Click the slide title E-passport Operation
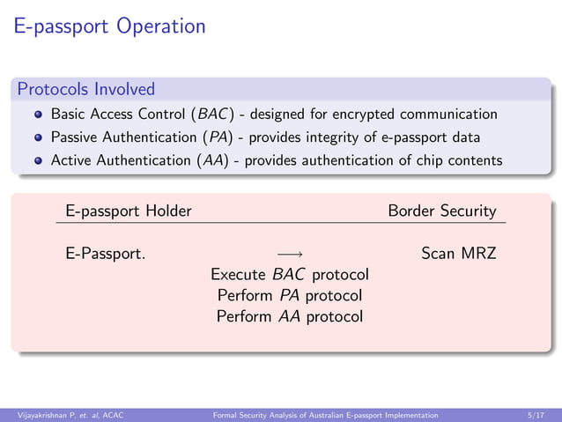click(x=110, y=26)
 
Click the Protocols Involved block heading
click(x=86, y=89)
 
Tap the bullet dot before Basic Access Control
click(x=39, y=115)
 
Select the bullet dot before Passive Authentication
click(x=39, y=137)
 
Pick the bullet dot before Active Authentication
click(x=39, y=160)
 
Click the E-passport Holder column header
click(x=129, y=211)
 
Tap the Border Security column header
click(x=442, y=211)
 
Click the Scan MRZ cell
click(x=459, y=255)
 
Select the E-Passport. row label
click(x=106, y=255)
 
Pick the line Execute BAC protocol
click(x=289, y=275)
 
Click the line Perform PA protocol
click(x=289, y=295)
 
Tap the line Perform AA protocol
click(x=289, y=315)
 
